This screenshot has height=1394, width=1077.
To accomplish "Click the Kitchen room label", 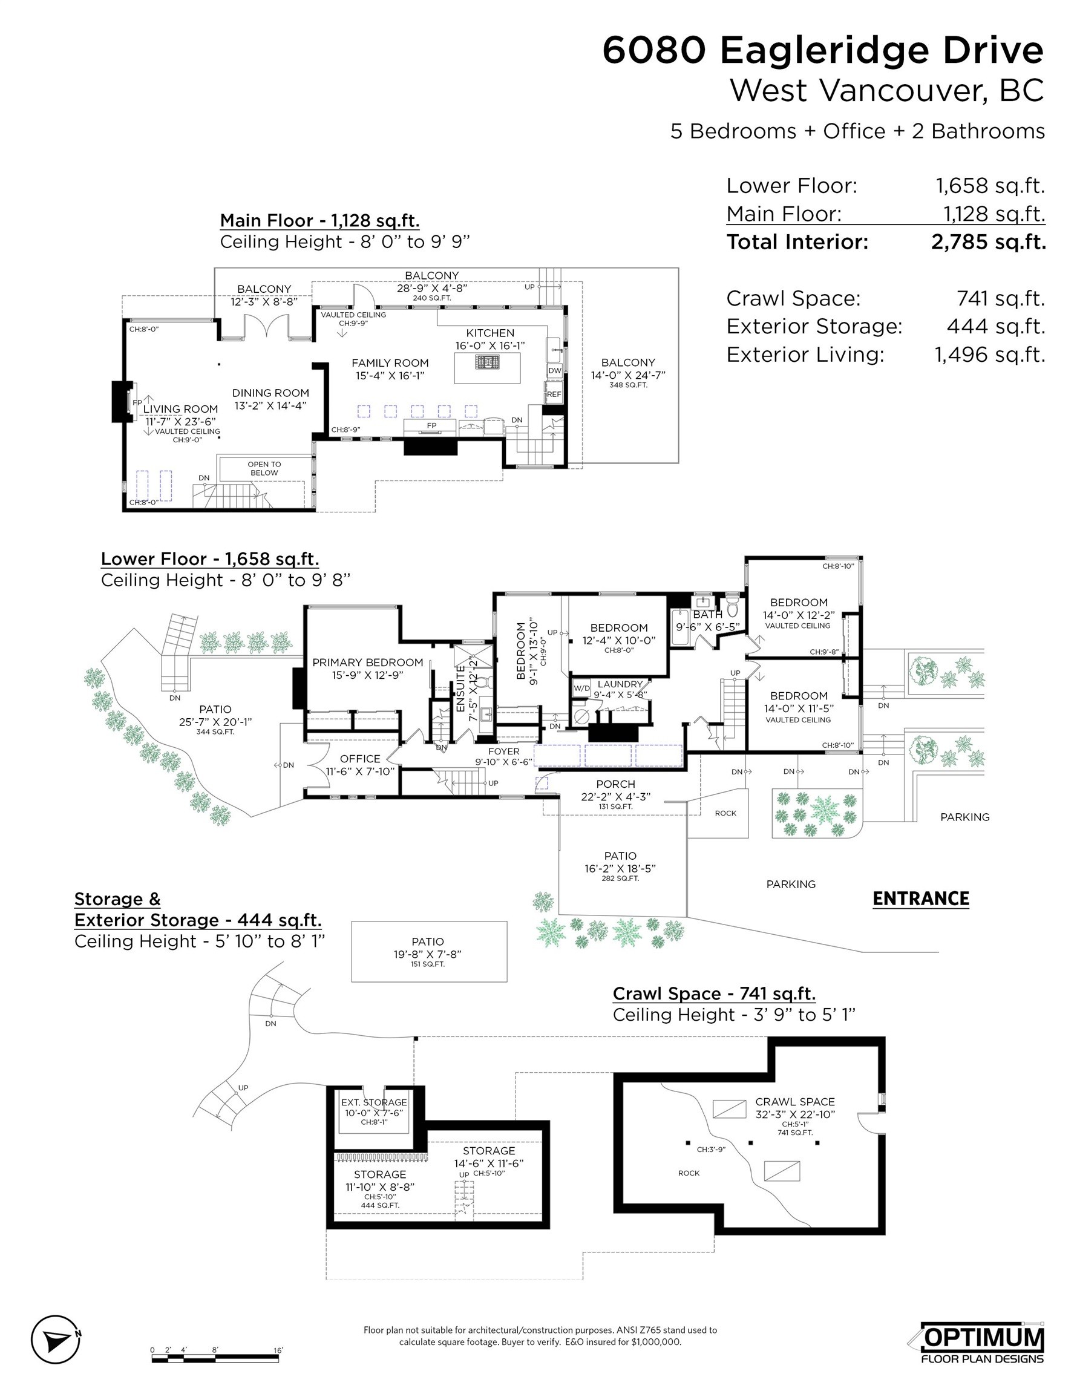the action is [x=489, y=333].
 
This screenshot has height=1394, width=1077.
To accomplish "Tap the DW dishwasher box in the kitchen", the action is [x=554, y=371].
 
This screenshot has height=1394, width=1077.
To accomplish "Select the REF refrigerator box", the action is [x=554, y=394].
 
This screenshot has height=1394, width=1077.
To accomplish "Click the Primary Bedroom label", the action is [x=368, y=663].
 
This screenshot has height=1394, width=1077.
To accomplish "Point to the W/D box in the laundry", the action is [x=581, y=689].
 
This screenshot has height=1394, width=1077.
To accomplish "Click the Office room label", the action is [x=360, y=759].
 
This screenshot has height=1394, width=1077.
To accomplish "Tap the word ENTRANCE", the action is [x=920, y=898].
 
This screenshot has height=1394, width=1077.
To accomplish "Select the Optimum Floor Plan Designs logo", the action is [x=983, y=1343].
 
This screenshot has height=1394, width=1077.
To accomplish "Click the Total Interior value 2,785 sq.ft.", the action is [x=988, y=243].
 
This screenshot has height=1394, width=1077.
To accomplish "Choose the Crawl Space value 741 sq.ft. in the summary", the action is [x=1000, y=299].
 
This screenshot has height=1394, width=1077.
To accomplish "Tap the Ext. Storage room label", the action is [x=374, y=1102].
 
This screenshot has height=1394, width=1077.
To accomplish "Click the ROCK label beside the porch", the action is [x=725, y=813].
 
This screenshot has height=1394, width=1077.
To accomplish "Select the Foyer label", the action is [x=503, y=752].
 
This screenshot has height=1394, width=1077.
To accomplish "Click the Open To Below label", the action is [x=264, y=468].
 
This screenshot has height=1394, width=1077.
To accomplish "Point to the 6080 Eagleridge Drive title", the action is [x=823, y=51].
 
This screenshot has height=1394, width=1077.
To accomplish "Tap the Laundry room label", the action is [x=620, y=684].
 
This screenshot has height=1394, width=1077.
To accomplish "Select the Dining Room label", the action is [x=270, y=393].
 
